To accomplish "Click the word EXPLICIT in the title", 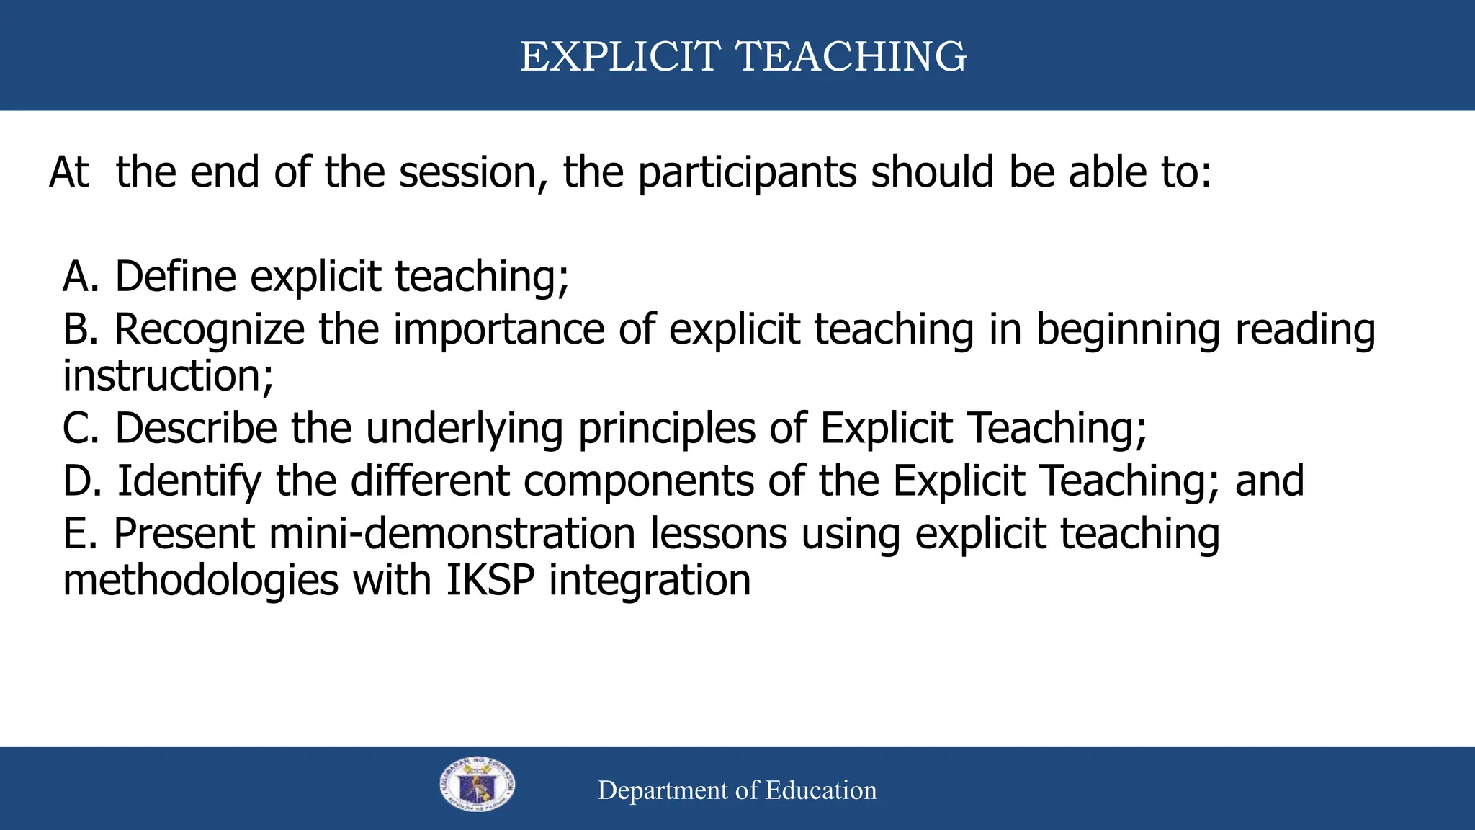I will [x=619, y=56].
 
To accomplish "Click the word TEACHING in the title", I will [x=851, y=56].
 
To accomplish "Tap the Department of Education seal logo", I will [x=477, y=785].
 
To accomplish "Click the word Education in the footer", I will [x=820, y=790].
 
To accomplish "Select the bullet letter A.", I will [x=78, y=277].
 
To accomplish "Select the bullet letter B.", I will [x=77, y=329].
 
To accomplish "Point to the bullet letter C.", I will [x=77, y=429].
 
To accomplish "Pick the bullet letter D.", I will [x=79, y=481].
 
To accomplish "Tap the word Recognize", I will [x=210, y=330].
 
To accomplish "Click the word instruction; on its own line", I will [x=168, y=376].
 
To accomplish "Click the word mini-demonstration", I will [x=452, y=534].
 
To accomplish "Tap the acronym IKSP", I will [x=490, y=581].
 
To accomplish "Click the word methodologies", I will [x=200, y=581].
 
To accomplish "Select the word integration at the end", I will [x=650, y=581].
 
